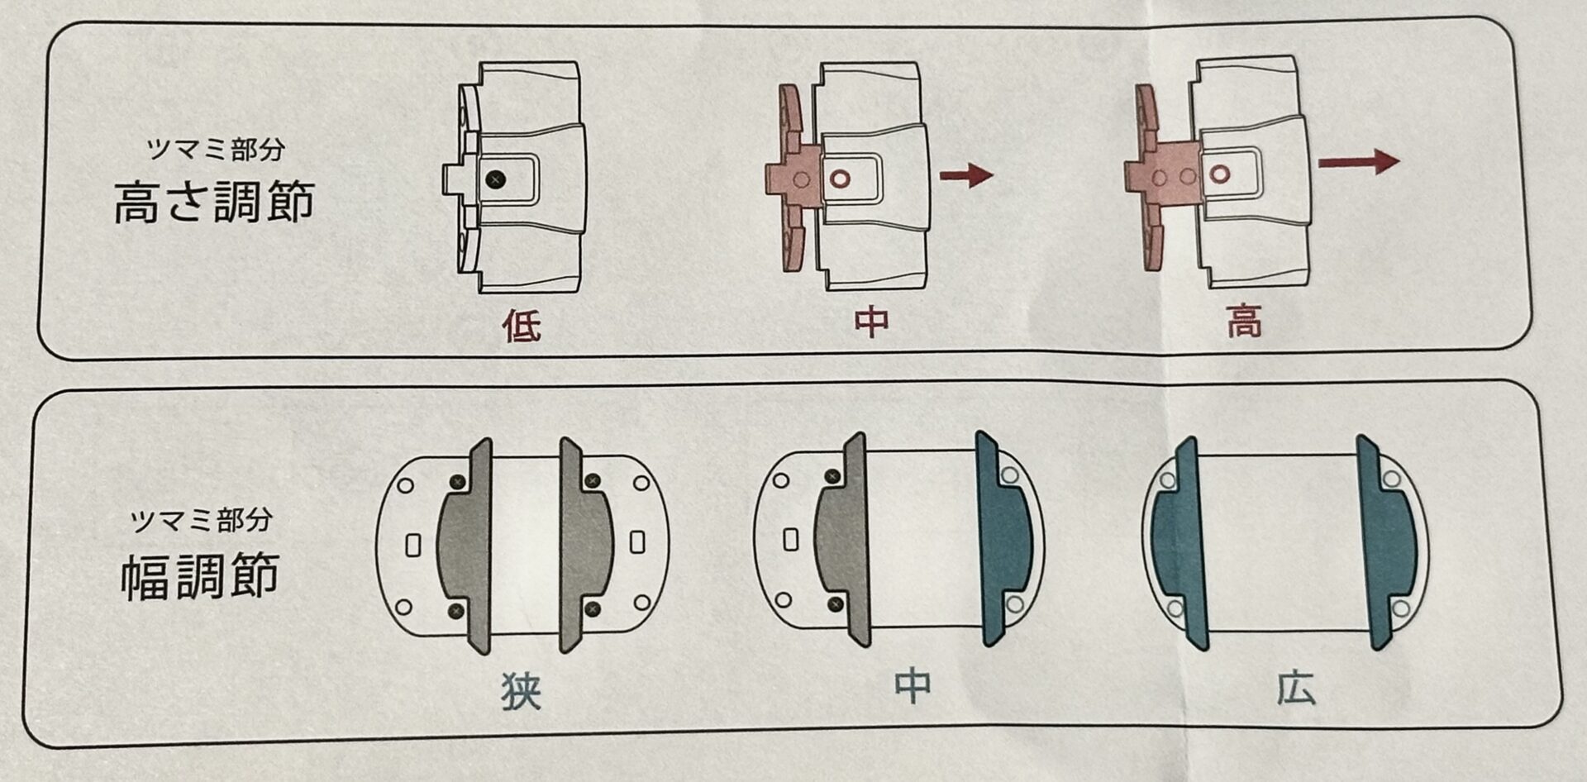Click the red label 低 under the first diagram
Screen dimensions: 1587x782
[522, 327]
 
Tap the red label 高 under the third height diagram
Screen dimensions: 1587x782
[1244, 321]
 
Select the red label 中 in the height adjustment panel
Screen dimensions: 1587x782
[872, 322]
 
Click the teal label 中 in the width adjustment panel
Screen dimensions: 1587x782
[913, 686]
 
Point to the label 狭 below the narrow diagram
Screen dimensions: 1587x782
[522, 692]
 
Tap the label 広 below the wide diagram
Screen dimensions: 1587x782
[1295, 687]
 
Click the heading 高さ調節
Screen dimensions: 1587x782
[214, 201]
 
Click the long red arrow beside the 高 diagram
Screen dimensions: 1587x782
[1358, 160]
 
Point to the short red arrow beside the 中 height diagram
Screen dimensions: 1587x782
[966, 175]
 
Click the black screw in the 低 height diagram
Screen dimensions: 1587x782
[495, 179]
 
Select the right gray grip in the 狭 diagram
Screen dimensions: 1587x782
[585, 545]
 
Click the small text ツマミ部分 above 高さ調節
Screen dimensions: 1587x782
[215, 149]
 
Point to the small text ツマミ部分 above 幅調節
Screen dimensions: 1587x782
[202, 520]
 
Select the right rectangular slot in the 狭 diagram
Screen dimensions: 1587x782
[637, 542]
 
